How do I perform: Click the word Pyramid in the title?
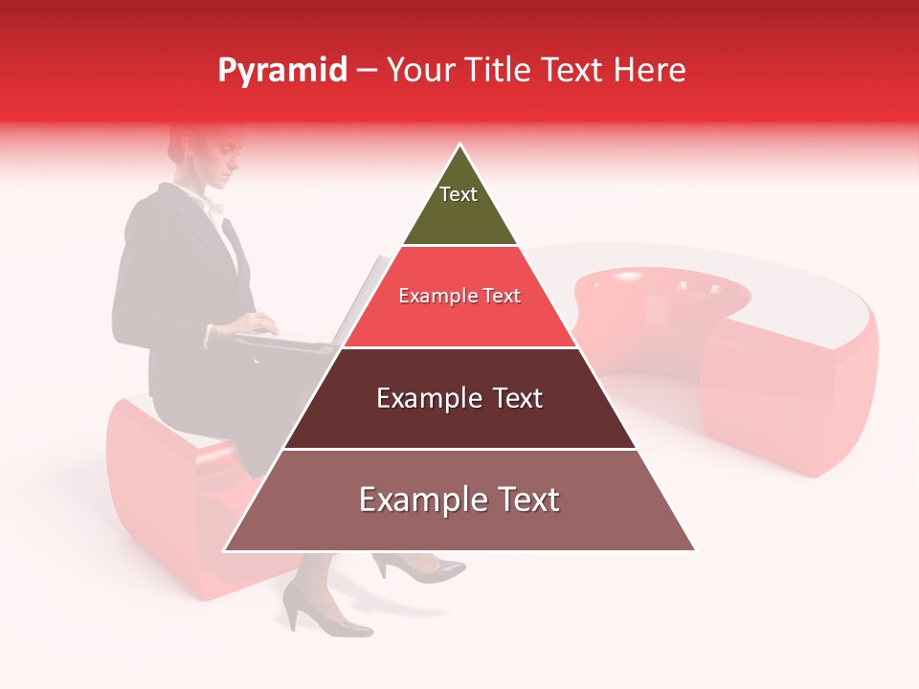click(x=281, y=71)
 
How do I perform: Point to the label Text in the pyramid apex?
click(x=459, y=194)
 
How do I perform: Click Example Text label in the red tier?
click(x=459, y=296)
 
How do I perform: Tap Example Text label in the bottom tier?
click(x=459, y=500)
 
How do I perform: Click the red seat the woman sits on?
click(x=163, y=488)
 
